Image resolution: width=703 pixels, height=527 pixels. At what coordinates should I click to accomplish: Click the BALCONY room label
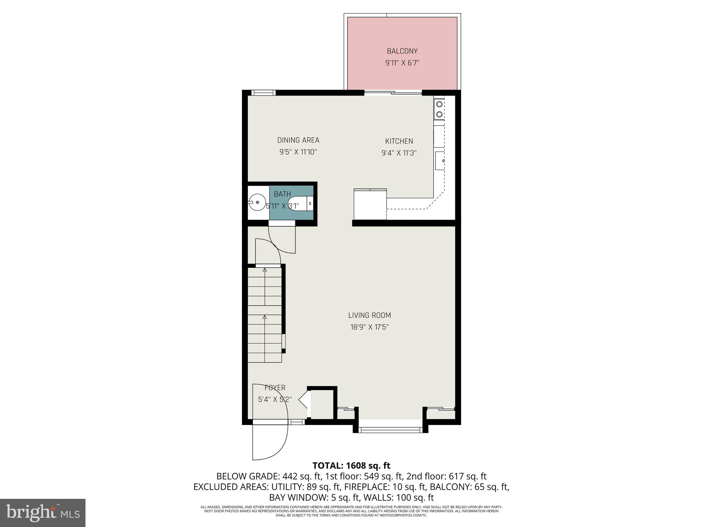click(x=402, y=51)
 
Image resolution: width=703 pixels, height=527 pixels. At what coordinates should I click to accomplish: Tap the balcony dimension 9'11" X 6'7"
click(x=402, y=63)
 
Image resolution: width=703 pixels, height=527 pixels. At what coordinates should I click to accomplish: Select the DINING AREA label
click(x=298, y=140)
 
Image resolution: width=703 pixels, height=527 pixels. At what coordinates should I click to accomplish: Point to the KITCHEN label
click(x=399, y=141)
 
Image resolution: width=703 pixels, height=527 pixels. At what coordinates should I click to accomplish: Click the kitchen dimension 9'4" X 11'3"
click(x=399, y=153)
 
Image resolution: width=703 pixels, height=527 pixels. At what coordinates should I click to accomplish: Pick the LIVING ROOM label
click(x=369, y=315)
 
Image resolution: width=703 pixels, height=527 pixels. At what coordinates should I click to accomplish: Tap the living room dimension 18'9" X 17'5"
click(x=369, y=327)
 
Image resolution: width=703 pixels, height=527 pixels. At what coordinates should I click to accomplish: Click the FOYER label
click(x=275, y=388)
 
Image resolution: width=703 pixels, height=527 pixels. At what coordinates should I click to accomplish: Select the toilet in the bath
click(x=300, y=203)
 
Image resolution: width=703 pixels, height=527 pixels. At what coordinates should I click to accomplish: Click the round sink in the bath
click(x=257, y=203)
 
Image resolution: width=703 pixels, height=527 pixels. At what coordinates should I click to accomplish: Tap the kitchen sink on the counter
click(x=440, y=161)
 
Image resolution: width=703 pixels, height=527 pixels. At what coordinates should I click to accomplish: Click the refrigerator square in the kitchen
click(x=370, y=204)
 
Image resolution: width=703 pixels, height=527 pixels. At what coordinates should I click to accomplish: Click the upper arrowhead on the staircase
click(x=265, y=270)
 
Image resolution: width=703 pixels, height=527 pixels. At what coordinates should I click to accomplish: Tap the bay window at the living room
click(x=390, y=429)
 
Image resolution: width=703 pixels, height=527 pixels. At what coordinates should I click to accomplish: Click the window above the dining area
click(x=263, y=92)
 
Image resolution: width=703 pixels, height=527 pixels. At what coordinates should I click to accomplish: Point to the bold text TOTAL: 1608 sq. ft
click(x=351, y=466)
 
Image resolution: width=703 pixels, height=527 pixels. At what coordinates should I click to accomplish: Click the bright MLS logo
click(x=43, y=513)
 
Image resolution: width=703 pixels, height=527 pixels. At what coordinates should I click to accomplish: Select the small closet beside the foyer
click(x=322, y=404)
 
